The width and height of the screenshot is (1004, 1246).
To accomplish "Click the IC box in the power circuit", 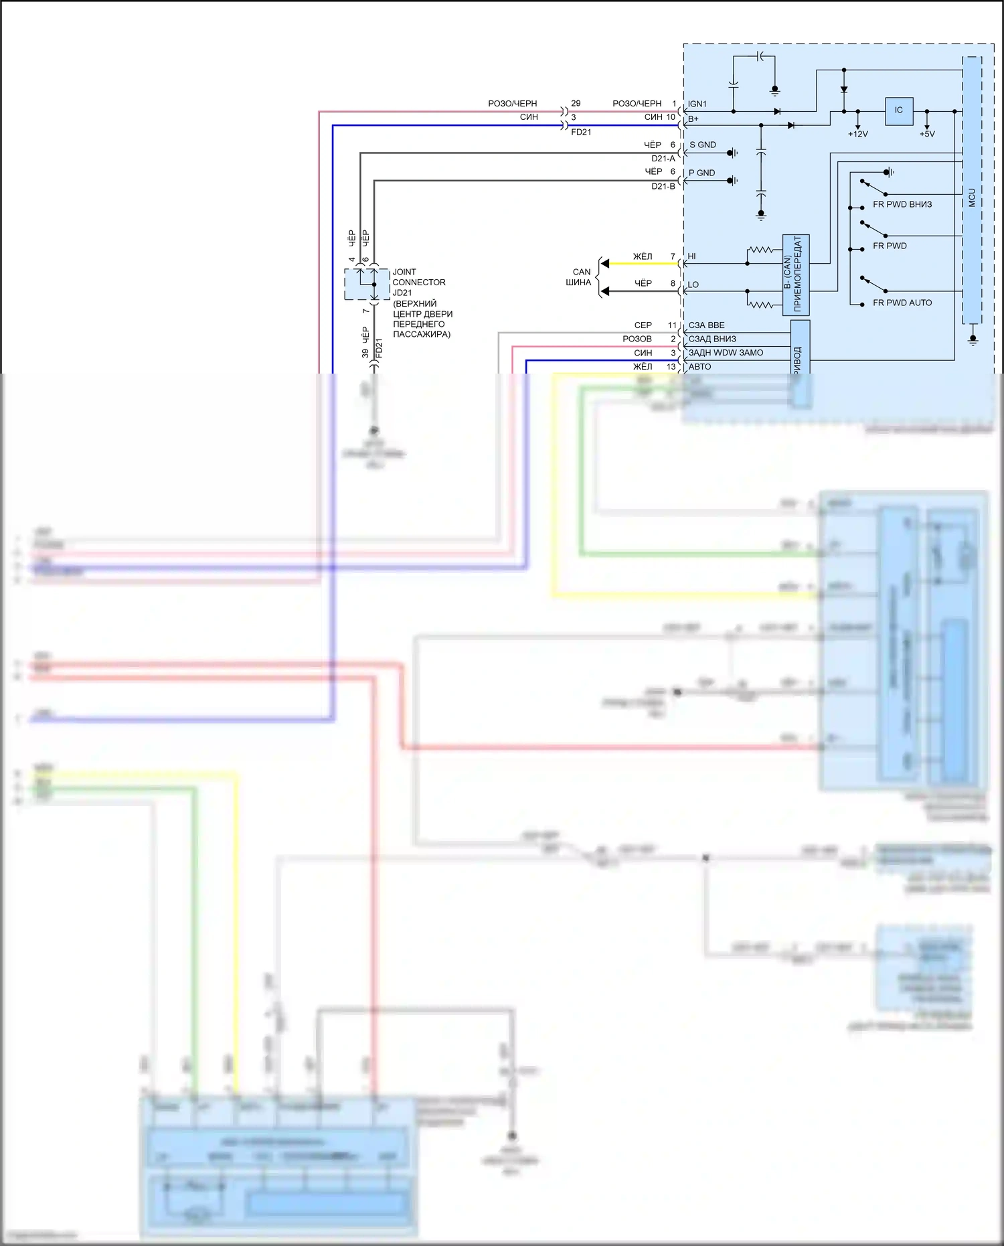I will pos(898,110).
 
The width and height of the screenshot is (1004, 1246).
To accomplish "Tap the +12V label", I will pos(857,134).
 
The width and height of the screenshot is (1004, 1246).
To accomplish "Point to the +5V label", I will pos(927,134).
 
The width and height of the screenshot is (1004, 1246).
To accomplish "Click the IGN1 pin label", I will pos(697,104).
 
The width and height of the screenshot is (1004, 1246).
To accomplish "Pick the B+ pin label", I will pos(693,119).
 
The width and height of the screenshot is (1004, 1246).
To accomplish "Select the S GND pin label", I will pos(703,145).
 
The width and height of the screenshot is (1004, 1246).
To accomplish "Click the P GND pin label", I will pos(701,173).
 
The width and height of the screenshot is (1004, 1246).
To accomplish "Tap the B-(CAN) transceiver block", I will pos(796,275).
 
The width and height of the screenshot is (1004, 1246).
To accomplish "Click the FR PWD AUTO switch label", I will pos(902,303).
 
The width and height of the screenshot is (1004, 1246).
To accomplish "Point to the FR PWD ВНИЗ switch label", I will pos(902,204).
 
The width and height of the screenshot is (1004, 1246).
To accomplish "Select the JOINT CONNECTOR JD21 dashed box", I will pos(367,285).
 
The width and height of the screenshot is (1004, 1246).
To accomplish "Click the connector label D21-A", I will pos(663,159).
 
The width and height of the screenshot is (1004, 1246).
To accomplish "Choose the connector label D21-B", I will pos(663,186).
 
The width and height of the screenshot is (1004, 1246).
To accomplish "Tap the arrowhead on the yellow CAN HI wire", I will pos(605,264).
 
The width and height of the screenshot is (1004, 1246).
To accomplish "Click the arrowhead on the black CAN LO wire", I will pos(605,291).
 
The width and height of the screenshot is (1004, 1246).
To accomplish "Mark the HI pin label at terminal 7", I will pos(692,256).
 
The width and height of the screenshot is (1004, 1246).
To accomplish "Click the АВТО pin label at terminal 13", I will pos(700,367).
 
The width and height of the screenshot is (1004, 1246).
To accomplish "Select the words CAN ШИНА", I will pos(579,277).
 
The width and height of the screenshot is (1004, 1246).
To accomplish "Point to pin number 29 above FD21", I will pos(576,104).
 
